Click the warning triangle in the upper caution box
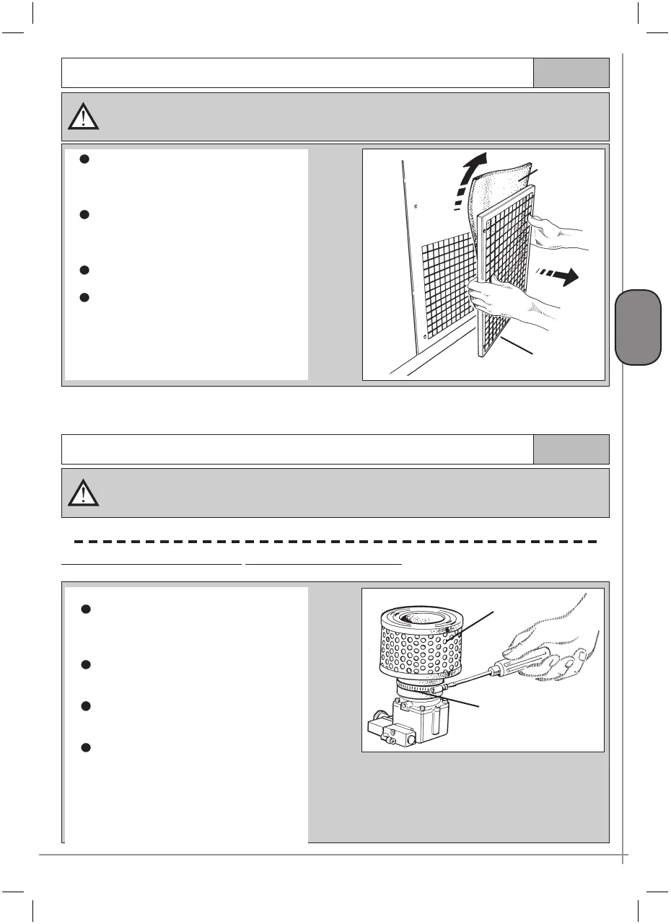[84, 115]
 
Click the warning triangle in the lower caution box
[84, 491]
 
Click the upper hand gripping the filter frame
[556, 230]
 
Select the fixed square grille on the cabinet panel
[447, 289]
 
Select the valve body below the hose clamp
[426, 721]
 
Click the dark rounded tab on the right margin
[639, 327]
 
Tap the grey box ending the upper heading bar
[571, 73]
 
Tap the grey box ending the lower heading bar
[571, 449]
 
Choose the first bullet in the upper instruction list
[84, 160]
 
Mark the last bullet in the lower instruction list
[84, 747]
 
